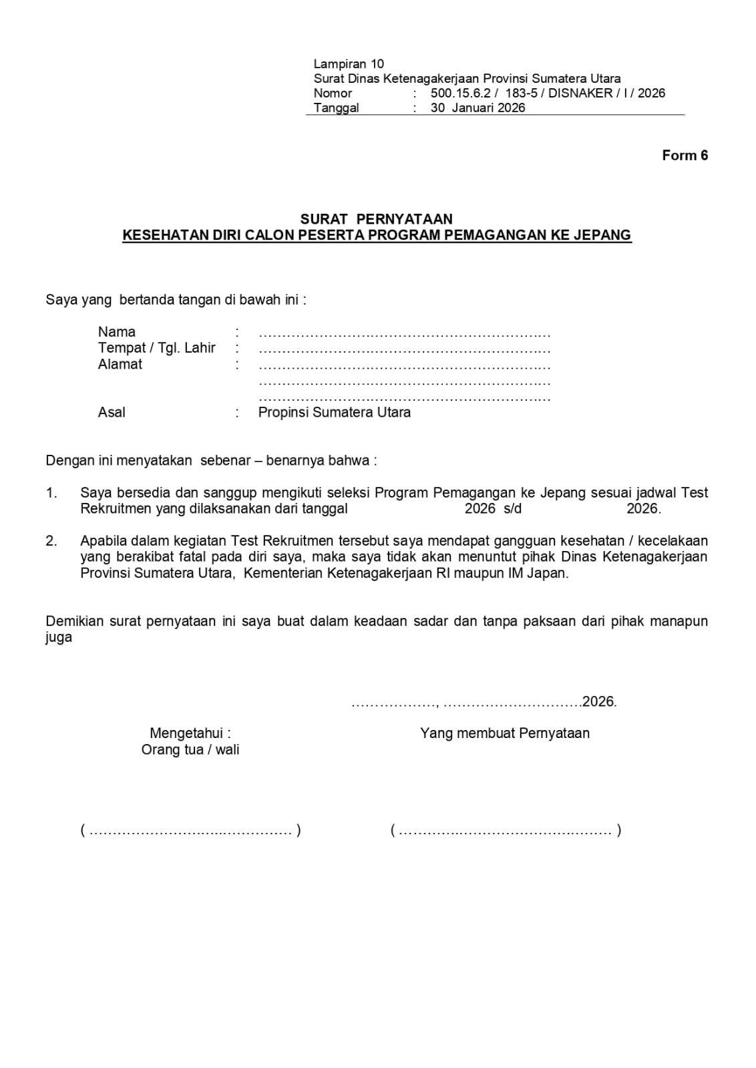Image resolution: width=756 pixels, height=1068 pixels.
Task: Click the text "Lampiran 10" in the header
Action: point(349,64)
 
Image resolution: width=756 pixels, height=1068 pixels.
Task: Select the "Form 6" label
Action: point(685,156)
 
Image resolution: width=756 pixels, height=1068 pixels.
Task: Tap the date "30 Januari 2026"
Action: point(478,108)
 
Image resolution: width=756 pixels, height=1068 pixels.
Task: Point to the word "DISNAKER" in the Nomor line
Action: point(580,94)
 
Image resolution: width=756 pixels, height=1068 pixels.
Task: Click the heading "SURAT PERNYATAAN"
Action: point(376,219)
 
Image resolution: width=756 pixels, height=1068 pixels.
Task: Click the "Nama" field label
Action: point(117,332)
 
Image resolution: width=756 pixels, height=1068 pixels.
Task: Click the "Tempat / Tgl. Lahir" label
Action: point(157,348)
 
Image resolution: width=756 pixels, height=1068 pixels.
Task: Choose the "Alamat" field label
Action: point(120,364)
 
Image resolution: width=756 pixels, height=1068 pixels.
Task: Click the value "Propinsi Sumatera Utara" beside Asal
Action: point(334,412)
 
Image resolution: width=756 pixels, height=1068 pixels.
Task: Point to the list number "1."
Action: point(51,493)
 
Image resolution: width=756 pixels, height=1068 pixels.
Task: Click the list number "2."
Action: point(51,541)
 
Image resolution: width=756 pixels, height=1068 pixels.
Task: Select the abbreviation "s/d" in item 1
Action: point(513,509)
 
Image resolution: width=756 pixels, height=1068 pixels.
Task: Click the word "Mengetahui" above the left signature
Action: point(186,733)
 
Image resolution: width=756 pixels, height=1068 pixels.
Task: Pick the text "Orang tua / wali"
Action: point(190,749)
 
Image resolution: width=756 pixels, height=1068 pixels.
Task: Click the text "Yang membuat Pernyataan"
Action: point(505,733)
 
